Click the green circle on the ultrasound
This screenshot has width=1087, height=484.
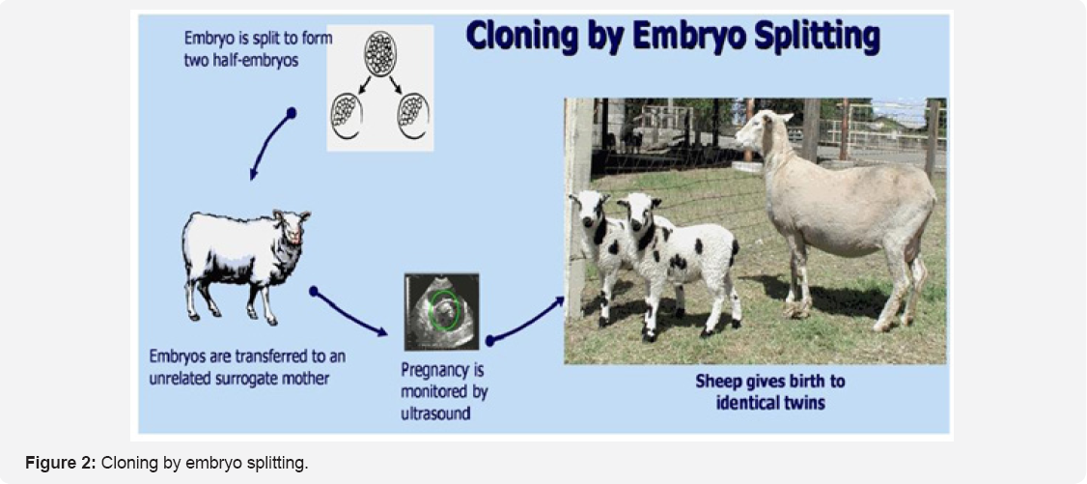[446, 311]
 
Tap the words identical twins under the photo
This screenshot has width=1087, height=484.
[770, 403]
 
